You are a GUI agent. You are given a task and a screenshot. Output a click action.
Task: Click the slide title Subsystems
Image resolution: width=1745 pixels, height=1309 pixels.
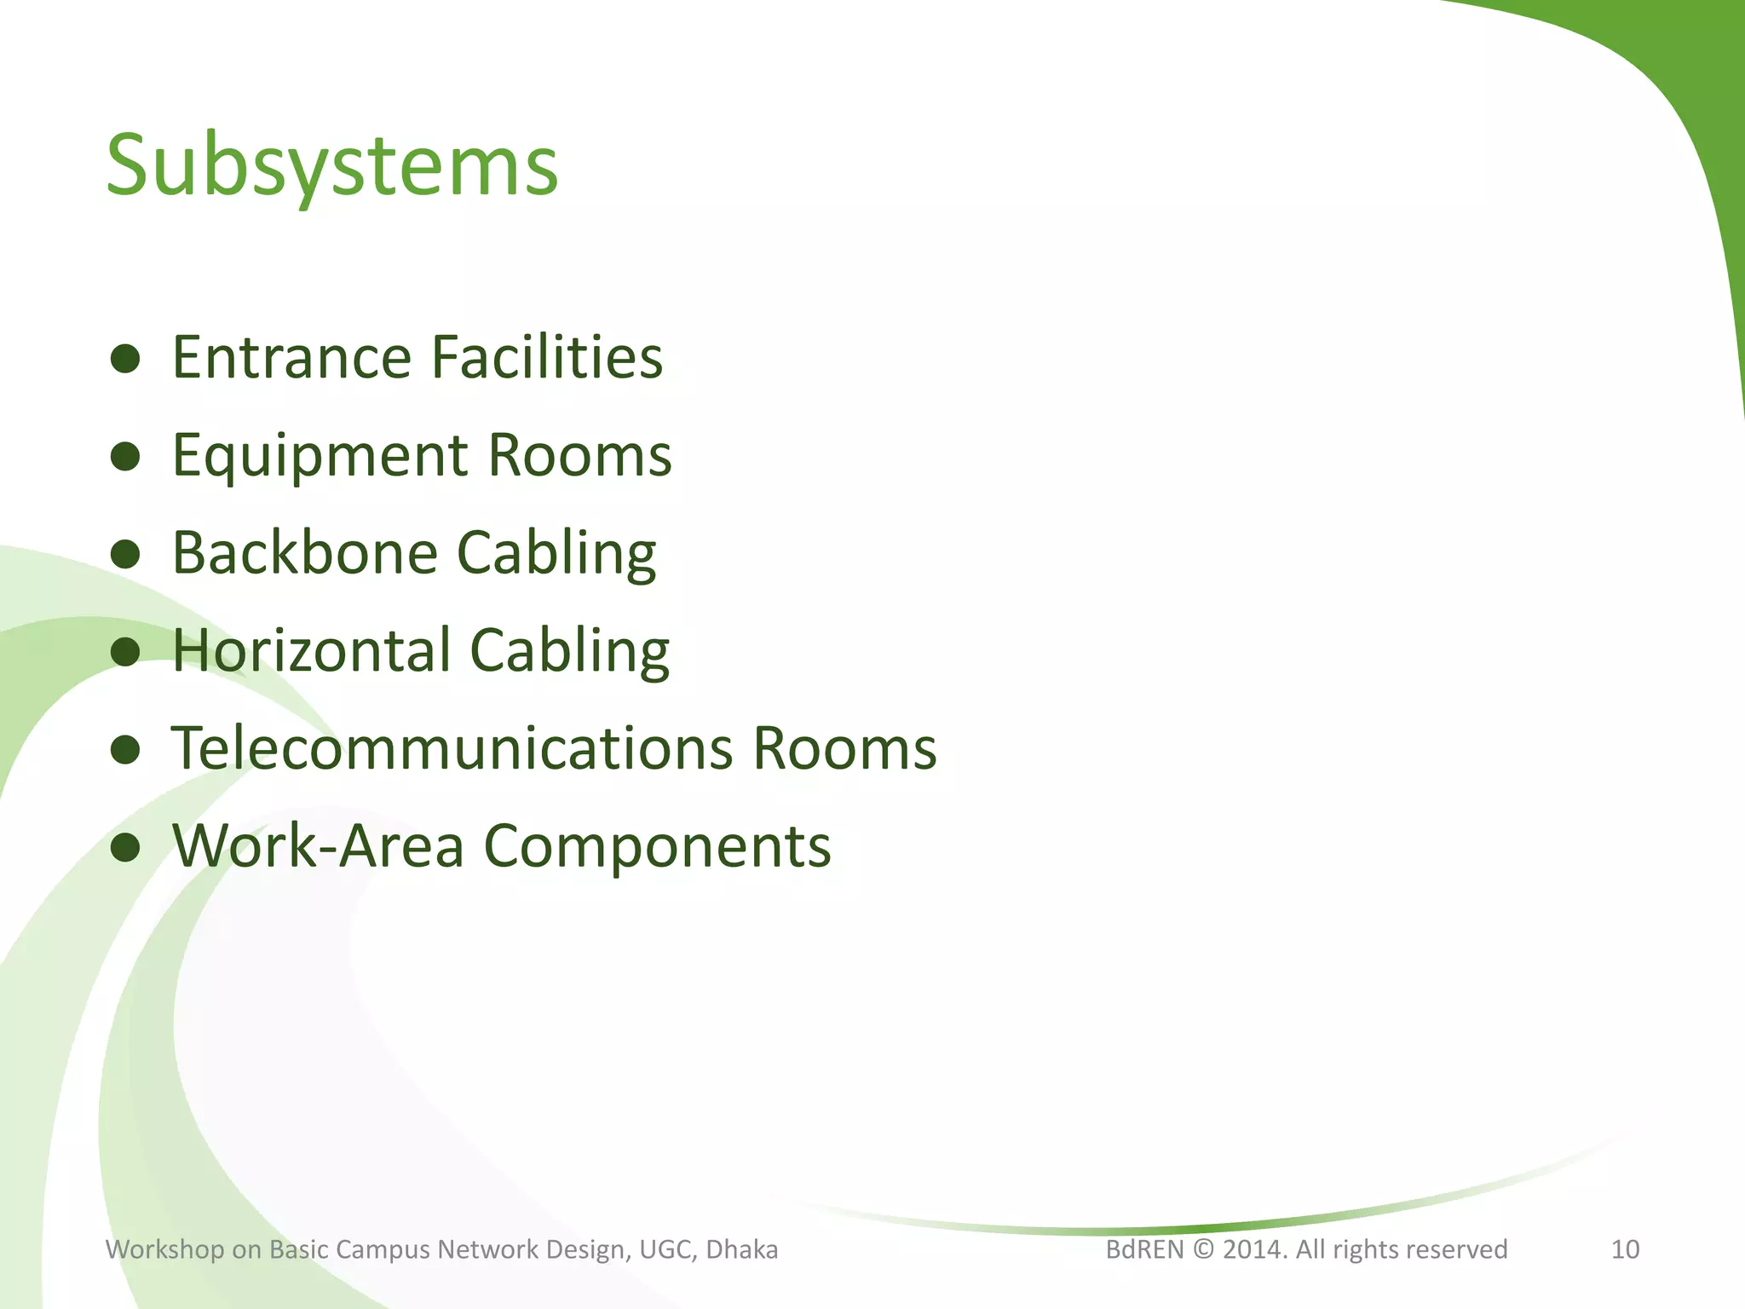click(331, 166)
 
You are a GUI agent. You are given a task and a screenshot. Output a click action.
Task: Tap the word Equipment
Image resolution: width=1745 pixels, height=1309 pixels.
click(320, 456)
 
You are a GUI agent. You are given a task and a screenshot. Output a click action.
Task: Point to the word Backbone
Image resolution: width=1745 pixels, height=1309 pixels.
click(305, 553)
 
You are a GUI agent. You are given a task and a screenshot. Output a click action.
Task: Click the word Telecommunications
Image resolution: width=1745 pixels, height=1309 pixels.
click(452, 749)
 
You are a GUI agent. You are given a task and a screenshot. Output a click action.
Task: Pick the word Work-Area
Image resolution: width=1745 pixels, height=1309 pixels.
click(319, 846)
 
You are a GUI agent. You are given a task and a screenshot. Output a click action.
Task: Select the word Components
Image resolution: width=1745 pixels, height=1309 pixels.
click(657, 846)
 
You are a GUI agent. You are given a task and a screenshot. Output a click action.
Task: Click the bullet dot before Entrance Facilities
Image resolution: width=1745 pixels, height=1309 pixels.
click(125, 360)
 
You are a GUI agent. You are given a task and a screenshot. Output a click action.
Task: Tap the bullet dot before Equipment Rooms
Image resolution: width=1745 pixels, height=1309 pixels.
click(125, 458)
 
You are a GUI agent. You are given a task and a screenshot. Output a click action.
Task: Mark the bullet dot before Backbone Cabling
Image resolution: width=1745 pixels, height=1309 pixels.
click(125, 555)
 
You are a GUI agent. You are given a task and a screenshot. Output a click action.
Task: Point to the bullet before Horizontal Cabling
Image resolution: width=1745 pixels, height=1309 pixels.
click(125, 653)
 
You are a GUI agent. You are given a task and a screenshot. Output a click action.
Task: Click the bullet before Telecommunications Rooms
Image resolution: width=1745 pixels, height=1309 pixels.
click(125, 751)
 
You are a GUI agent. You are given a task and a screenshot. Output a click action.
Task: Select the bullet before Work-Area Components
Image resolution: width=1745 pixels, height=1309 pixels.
click(125, 848)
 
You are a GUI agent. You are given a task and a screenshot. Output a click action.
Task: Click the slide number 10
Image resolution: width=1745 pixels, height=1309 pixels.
click(1625, 1249)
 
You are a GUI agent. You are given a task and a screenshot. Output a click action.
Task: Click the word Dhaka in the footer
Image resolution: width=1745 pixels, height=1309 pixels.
click(742, 1249)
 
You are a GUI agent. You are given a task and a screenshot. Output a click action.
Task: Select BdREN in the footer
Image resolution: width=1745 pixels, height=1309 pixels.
click(1144, 1249)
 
